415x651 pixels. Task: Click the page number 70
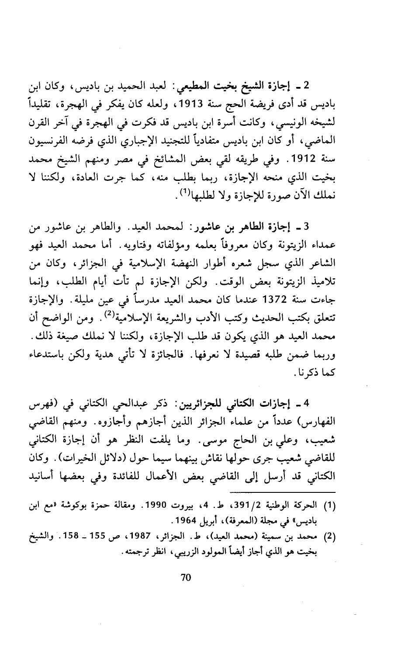coord(186,578)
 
